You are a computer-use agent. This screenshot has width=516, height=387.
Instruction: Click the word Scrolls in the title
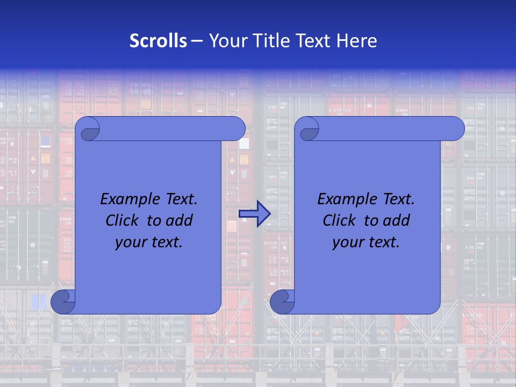159,41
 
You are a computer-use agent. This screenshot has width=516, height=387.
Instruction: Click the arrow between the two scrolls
254,214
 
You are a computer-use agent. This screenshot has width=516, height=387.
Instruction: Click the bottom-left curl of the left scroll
63,302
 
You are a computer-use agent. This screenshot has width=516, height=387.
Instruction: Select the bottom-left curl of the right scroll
283,302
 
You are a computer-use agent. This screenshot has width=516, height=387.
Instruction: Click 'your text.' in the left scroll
148,242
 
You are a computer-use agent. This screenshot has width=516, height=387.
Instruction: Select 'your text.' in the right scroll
365,242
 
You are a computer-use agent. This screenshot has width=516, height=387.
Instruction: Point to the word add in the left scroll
180,220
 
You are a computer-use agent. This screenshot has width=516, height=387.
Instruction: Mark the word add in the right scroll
397,220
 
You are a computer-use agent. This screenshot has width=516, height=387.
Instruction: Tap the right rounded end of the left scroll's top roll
237,128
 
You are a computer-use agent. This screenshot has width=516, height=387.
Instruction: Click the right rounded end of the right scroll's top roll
456,128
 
